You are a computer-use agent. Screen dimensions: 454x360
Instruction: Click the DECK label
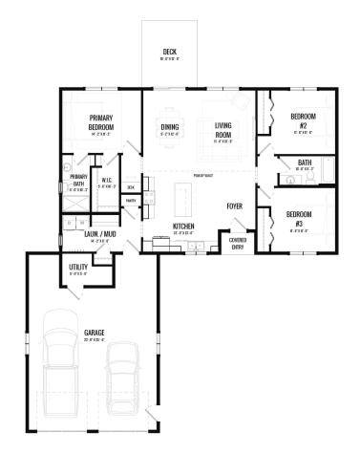[169, 52]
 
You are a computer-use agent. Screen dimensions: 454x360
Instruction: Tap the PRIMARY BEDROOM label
[101, 122]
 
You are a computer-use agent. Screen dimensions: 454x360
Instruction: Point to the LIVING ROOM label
[223, 130]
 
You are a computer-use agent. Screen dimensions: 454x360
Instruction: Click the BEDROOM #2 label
[297, 121]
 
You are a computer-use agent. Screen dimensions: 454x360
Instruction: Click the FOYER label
[234, 206]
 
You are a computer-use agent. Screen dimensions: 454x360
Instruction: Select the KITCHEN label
[184, 227]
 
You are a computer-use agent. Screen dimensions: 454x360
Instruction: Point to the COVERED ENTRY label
[238, 243]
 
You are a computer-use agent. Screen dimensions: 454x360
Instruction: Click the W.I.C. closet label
[108, 180]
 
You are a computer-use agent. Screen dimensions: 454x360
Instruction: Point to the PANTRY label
[131, 201]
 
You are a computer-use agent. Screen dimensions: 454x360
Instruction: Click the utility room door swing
[96, 271]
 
